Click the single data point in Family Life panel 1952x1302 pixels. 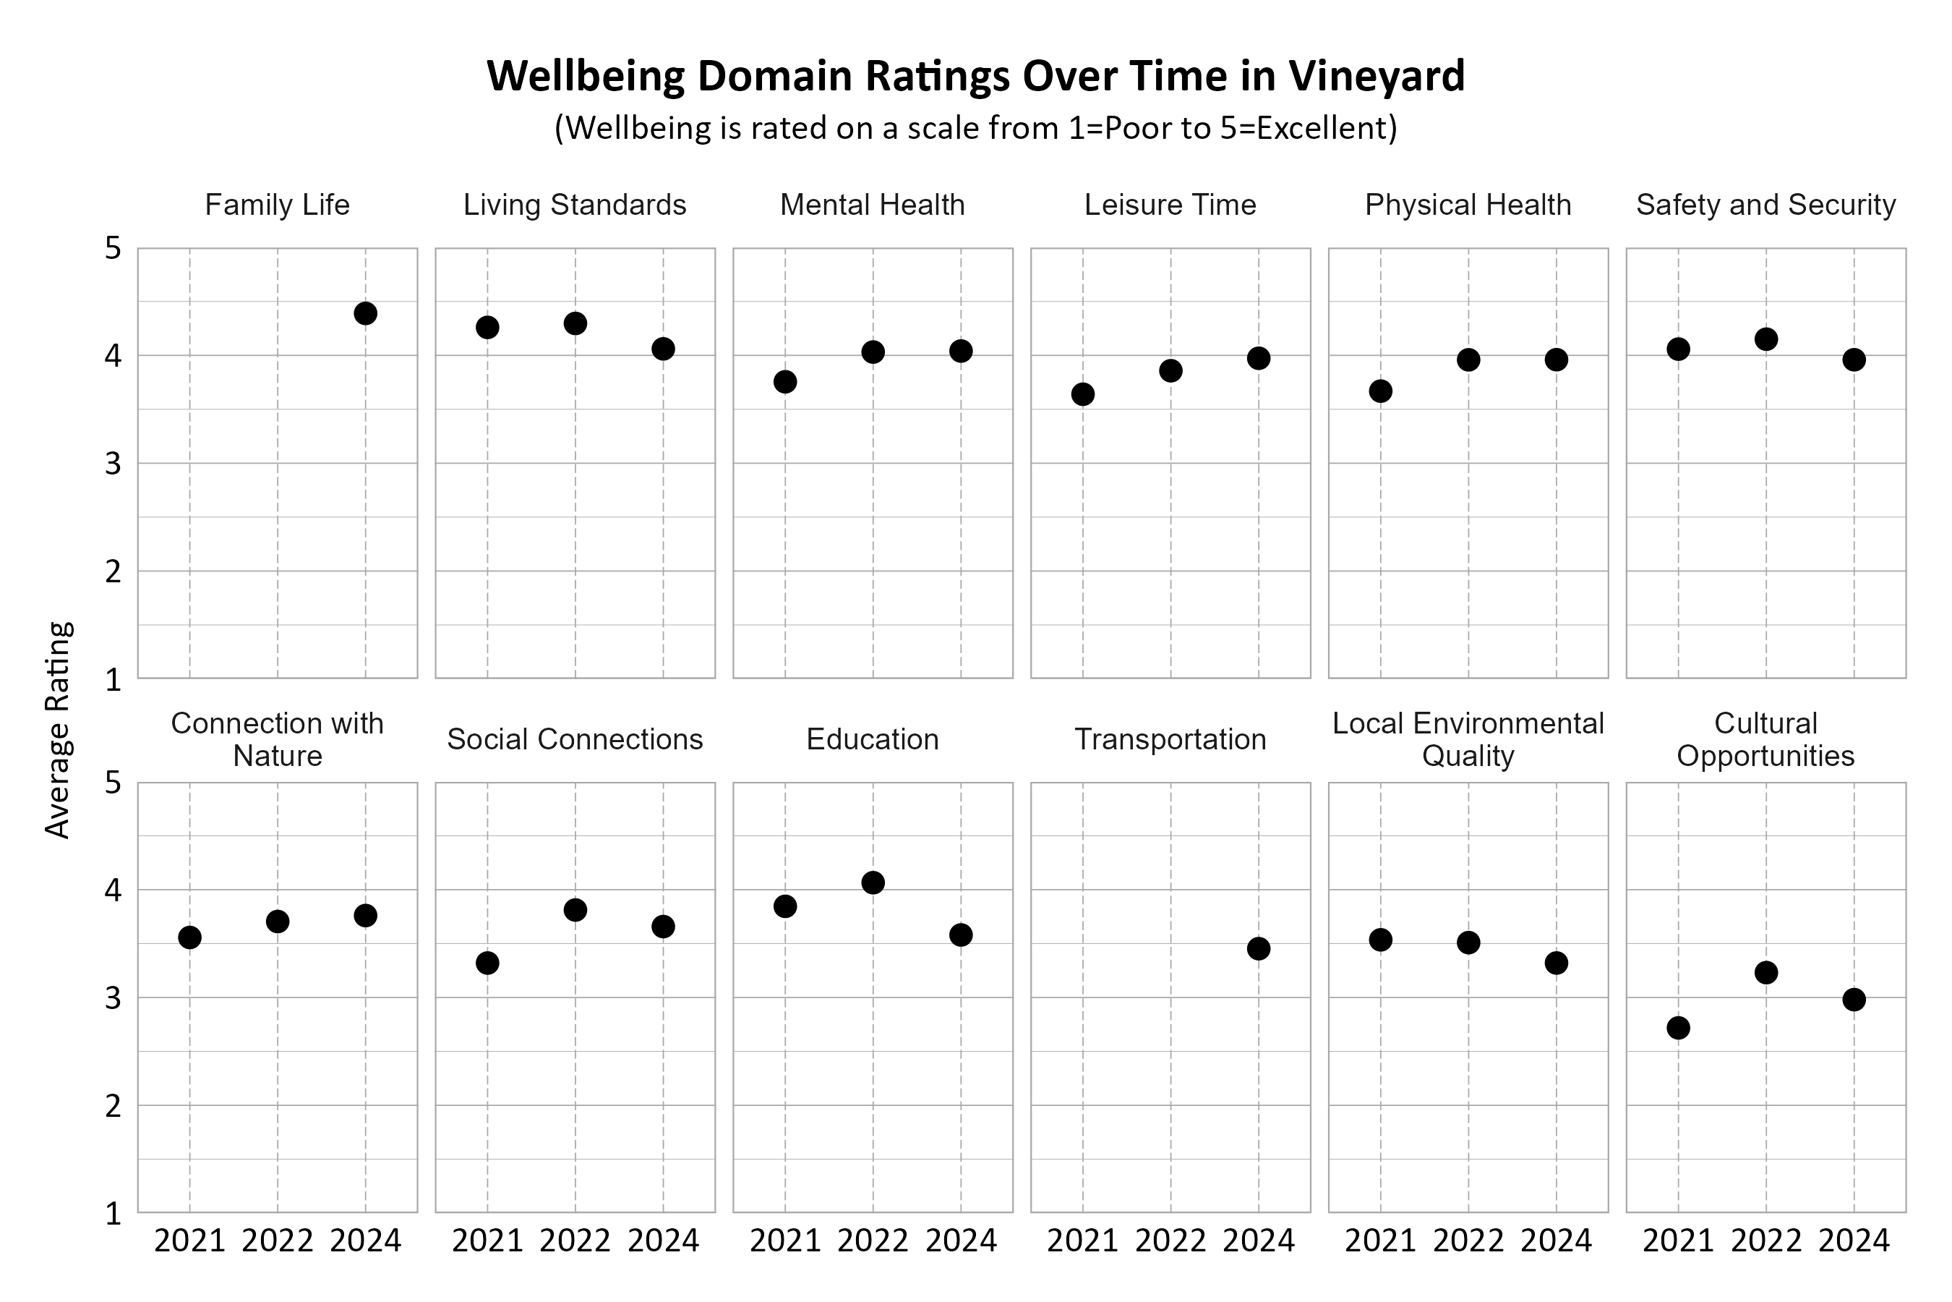[365, 314]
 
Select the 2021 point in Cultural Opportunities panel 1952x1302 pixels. [1678, 1028]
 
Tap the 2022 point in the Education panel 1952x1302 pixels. [873, 882]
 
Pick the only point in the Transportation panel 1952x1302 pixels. [1259, 949]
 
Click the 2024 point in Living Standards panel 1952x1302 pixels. [663, 349]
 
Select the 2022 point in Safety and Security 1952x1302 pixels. [1766, 339]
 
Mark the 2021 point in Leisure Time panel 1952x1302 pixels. [1083, 394]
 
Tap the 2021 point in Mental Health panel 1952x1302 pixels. [785, 382]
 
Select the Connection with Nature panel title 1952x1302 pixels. [277, 739]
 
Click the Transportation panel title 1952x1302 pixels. [1170, 739]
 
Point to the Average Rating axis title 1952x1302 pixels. [58, 730]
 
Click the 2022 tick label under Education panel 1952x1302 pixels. [873, 1241]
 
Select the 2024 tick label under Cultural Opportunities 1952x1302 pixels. [1854, 1241]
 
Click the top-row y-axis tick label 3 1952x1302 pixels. [113, 464]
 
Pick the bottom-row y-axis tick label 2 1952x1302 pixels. [113, 1106]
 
